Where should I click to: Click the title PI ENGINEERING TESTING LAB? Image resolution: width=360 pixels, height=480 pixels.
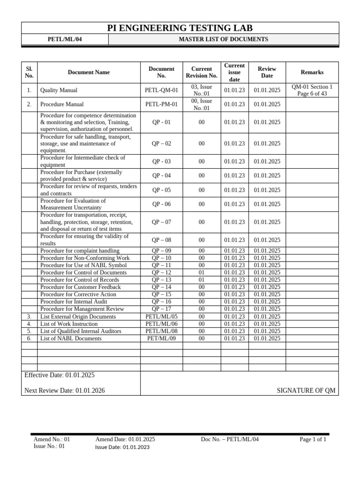click(x=180, y=28)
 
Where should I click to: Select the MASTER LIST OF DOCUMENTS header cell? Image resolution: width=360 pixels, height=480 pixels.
click(x=223, y=39)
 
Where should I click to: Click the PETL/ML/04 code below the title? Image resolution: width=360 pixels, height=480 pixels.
click(x=65, y=39)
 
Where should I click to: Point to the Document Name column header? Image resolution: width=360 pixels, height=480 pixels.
click(x=89, y=72)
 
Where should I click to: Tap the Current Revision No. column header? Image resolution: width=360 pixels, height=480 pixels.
click(x=202, y=72)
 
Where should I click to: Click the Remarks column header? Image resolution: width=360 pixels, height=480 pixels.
click(x=312, y=72)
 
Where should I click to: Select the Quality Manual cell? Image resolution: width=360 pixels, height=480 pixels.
click(x=59, y=90)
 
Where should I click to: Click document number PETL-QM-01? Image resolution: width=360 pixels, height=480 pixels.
click(x=161, y=90)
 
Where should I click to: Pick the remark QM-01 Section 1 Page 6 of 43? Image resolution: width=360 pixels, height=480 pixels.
click(x=312, y=90)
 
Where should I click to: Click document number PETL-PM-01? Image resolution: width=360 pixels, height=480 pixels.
click(x=161, y=104)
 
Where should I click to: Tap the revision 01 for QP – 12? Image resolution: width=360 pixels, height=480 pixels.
click(x=202, y=272)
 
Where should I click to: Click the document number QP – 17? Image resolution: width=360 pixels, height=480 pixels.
click(x=161, y=309)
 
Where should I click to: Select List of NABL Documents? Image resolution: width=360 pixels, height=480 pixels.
click(x=71, y=338)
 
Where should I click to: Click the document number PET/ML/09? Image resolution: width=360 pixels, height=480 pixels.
click(x=161, y=338)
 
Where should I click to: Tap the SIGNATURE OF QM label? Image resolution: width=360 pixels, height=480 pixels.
click(x=306, y=390)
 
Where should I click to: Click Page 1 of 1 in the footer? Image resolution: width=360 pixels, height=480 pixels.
click(x=313, y=439)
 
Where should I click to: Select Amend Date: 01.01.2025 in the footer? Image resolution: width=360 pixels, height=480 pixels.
click(x=125, y=439)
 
